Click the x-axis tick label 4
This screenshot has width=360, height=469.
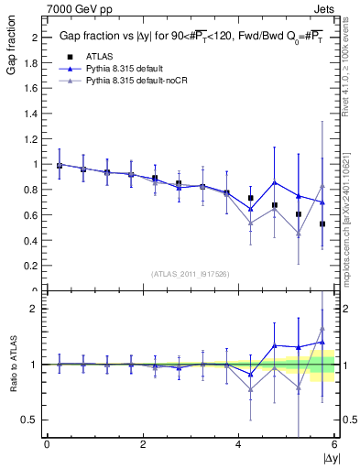point(239,444)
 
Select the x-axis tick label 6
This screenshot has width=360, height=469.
point(334,444)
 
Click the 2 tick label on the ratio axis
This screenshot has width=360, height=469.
point(33,309)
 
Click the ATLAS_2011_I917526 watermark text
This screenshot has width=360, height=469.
point(191,274)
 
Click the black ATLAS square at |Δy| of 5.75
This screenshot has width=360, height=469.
point(322,224)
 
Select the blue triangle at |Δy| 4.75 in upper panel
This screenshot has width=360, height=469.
point(274,181)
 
